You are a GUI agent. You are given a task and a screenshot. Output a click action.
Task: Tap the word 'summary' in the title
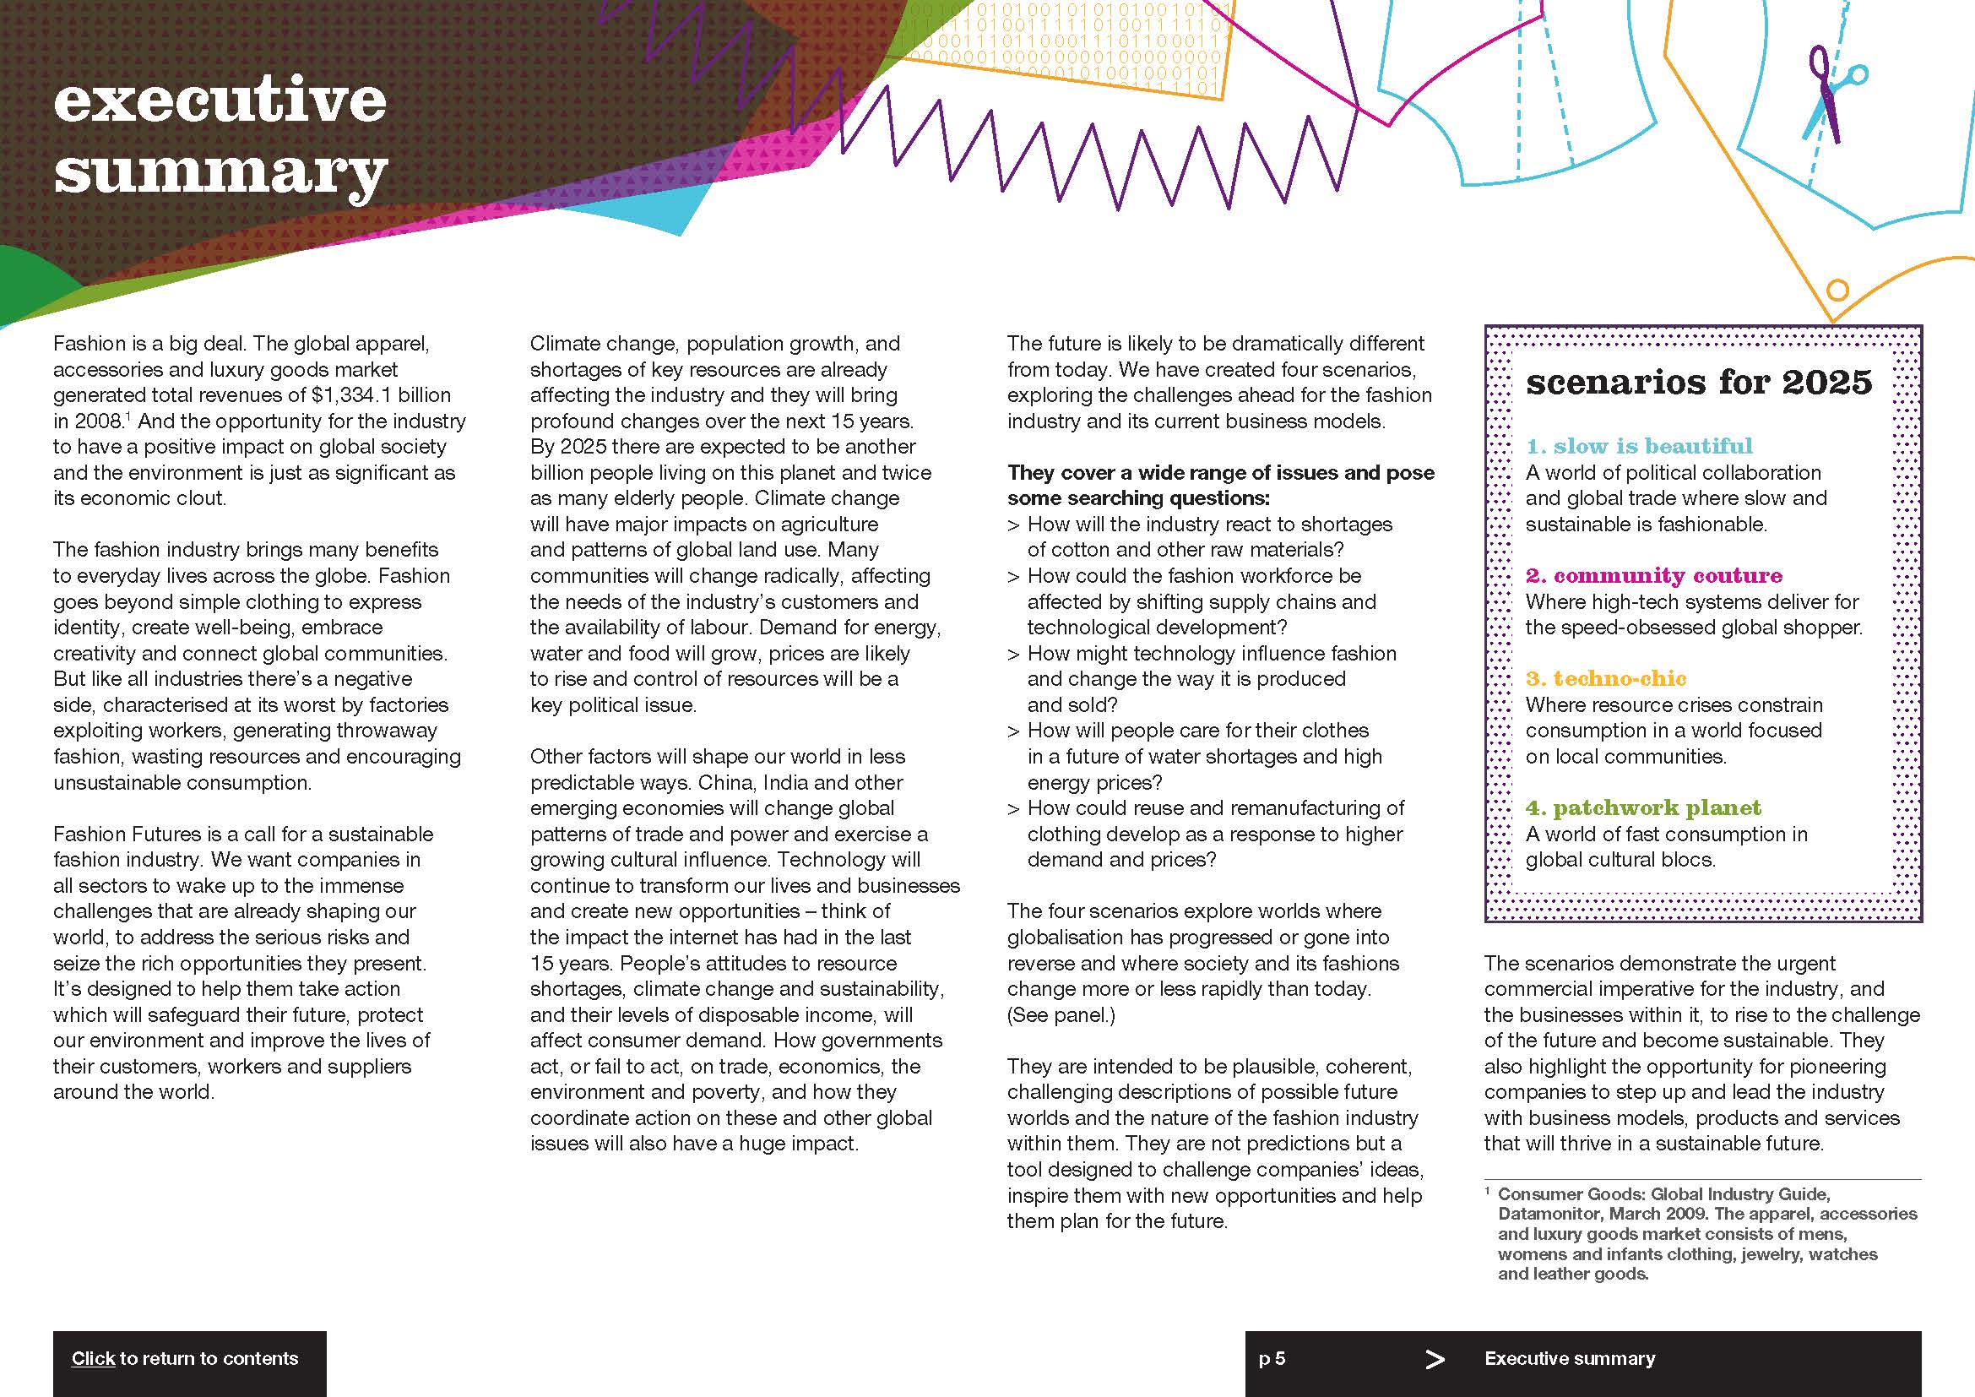point(221,172)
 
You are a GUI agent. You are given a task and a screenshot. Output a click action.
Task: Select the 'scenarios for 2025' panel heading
point(1698,382)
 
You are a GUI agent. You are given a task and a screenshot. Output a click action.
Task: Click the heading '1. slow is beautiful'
point(1639,446)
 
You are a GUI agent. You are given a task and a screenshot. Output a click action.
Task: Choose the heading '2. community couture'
point(1653,574)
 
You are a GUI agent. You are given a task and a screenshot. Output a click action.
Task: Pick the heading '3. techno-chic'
point(1605,678)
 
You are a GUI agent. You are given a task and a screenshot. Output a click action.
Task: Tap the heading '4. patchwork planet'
point(1643,807)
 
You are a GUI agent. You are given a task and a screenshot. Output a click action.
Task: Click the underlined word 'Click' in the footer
point(93,1358)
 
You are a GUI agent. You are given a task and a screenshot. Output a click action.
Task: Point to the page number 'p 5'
point(1272,1358)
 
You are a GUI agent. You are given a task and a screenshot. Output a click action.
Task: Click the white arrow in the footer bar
point(1435,1359)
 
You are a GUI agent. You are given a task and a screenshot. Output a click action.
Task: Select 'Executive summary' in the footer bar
point(1569,1358)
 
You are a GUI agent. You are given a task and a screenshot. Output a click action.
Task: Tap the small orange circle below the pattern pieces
point(1837,290)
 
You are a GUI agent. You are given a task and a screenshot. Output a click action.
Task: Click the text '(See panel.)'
point(1061,1014)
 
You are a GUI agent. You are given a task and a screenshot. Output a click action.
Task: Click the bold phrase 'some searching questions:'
point(1138,498)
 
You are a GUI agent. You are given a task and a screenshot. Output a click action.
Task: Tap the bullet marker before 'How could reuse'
point(1013,808)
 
